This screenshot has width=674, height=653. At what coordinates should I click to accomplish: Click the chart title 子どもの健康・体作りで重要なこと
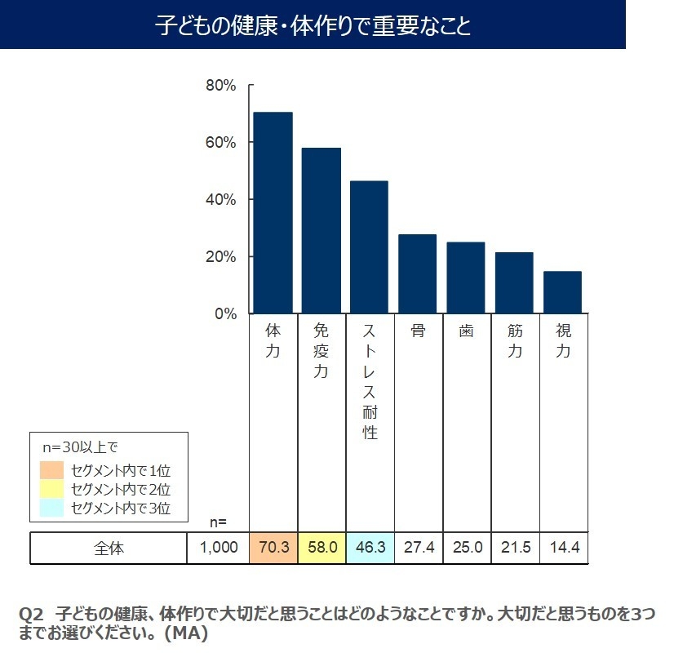point(313,26)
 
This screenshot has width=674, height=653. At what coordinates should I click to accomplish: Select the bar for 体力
point(273,212)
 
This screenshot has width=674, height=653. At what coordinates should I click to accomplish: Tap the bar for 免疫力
point(321,230)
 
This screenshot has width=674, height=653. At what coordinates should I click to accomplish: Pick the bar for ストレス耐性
point(369,247)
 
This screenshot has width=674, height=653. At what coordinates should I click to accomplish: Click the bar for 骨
point(417,273)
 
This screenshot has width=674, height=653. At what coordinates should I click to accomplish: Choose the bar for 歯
point(465,278)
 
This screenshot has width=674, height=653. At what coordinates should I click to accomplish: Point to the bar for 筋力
point(513,282)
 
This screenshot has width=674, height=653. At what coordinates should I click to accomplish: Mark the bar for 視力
point(562,292)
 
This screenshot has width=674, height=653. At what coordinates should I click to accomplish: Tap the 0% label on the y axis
point(224,314)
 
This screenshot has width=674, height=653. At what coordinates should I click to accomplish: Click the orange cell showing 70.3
point(273,548)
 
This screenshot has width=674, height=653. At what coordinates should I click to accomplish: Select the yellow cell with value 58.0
point(321,548)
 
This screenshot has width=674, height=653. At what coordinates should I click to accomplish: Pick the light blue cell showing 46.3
point(370,548)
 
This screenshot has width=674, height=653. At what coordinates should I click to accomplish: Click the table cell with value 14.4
point(563,548)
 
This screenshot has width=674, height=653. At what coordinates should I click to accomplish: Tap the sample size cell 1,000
point(219,548)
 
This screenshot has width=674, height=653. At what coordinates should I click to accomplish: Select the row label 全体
point(109,548)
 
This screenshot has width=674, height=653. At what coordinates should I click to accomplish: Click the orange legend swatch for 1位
point(51,470)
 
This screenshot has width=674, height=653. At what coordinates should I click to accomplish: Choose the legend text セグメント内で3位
point(120,509)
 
